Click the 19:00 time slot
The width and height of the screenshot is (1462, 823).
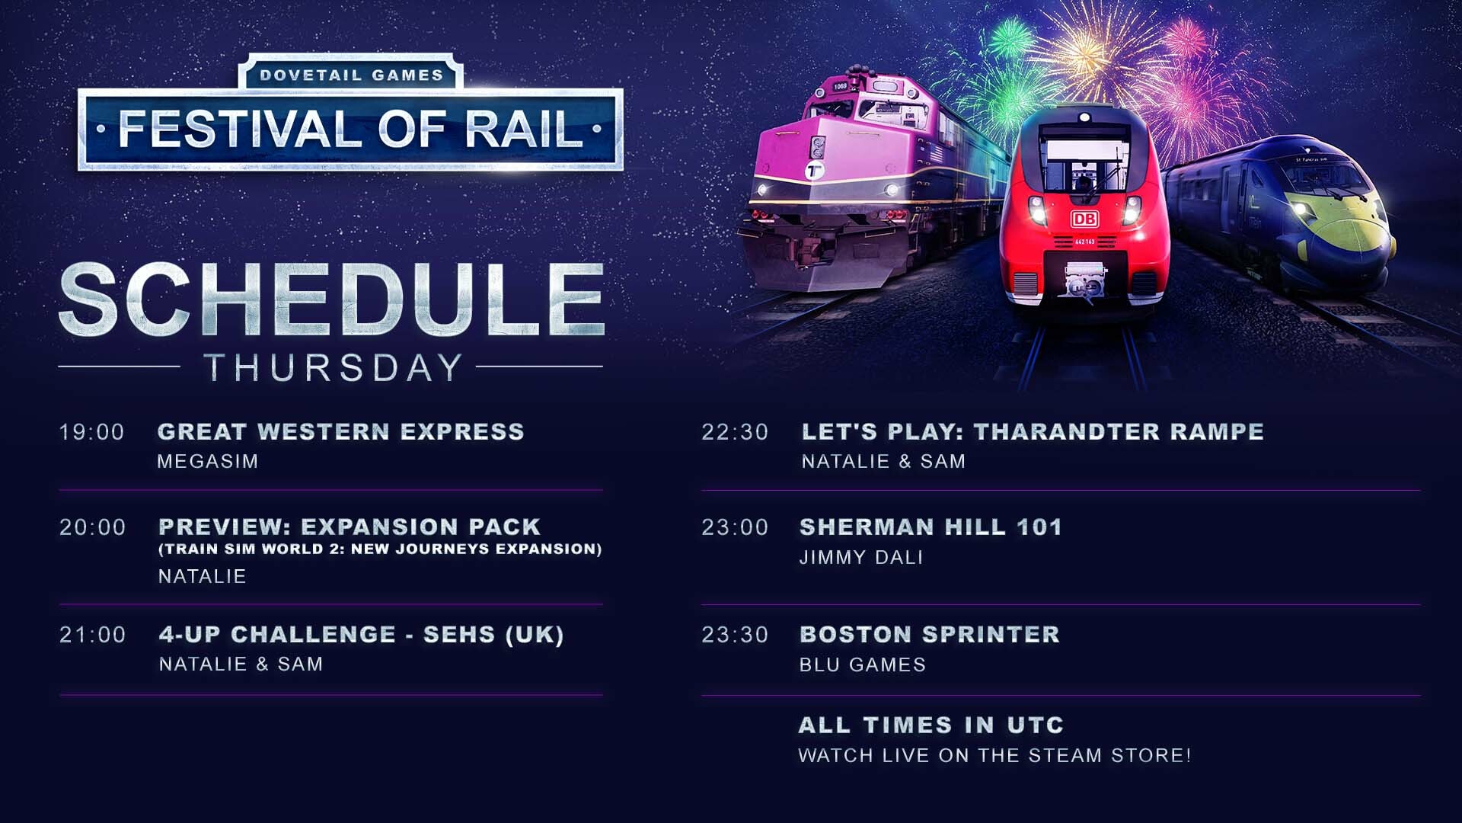point(92,432)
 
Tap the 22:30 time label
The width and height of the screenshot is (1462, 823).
point(735,432)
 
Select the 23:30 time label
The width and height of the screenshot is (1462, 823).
point(735,635)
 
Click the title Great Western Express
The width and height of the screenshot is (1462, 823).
point(341,431)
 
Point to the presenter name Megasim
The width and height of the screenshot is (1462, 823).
point(208,461)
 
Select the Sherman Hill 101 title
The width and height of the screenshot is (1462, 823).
point(931,527)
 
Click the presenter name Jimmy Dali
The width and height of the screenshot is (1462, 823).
point(861,557)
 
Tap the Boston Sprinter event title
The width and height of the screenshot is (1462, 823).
point(930,634)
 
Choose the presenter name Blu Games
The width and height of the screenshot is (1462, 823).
point(863,664)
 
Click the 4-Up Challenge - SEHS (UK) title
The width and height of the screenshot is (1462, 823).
point(362,634)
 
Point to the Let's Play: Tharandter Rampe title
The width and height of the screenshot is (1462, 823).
point(1033,431)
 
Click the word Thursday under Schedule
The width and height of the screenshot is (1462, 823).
point(334,367)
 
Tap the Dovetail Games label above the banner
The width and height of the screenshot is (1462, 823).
point(351,75)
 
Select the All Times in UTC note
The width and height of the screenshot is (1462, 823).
point(931,725)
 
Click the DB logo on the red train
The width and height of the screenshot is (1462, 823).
point(1084,219)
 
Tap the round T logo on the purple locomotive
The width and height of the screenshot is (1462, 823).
point(816,170)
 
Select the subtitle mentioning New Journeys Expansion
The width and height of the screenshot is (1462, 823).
point(380,549)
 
